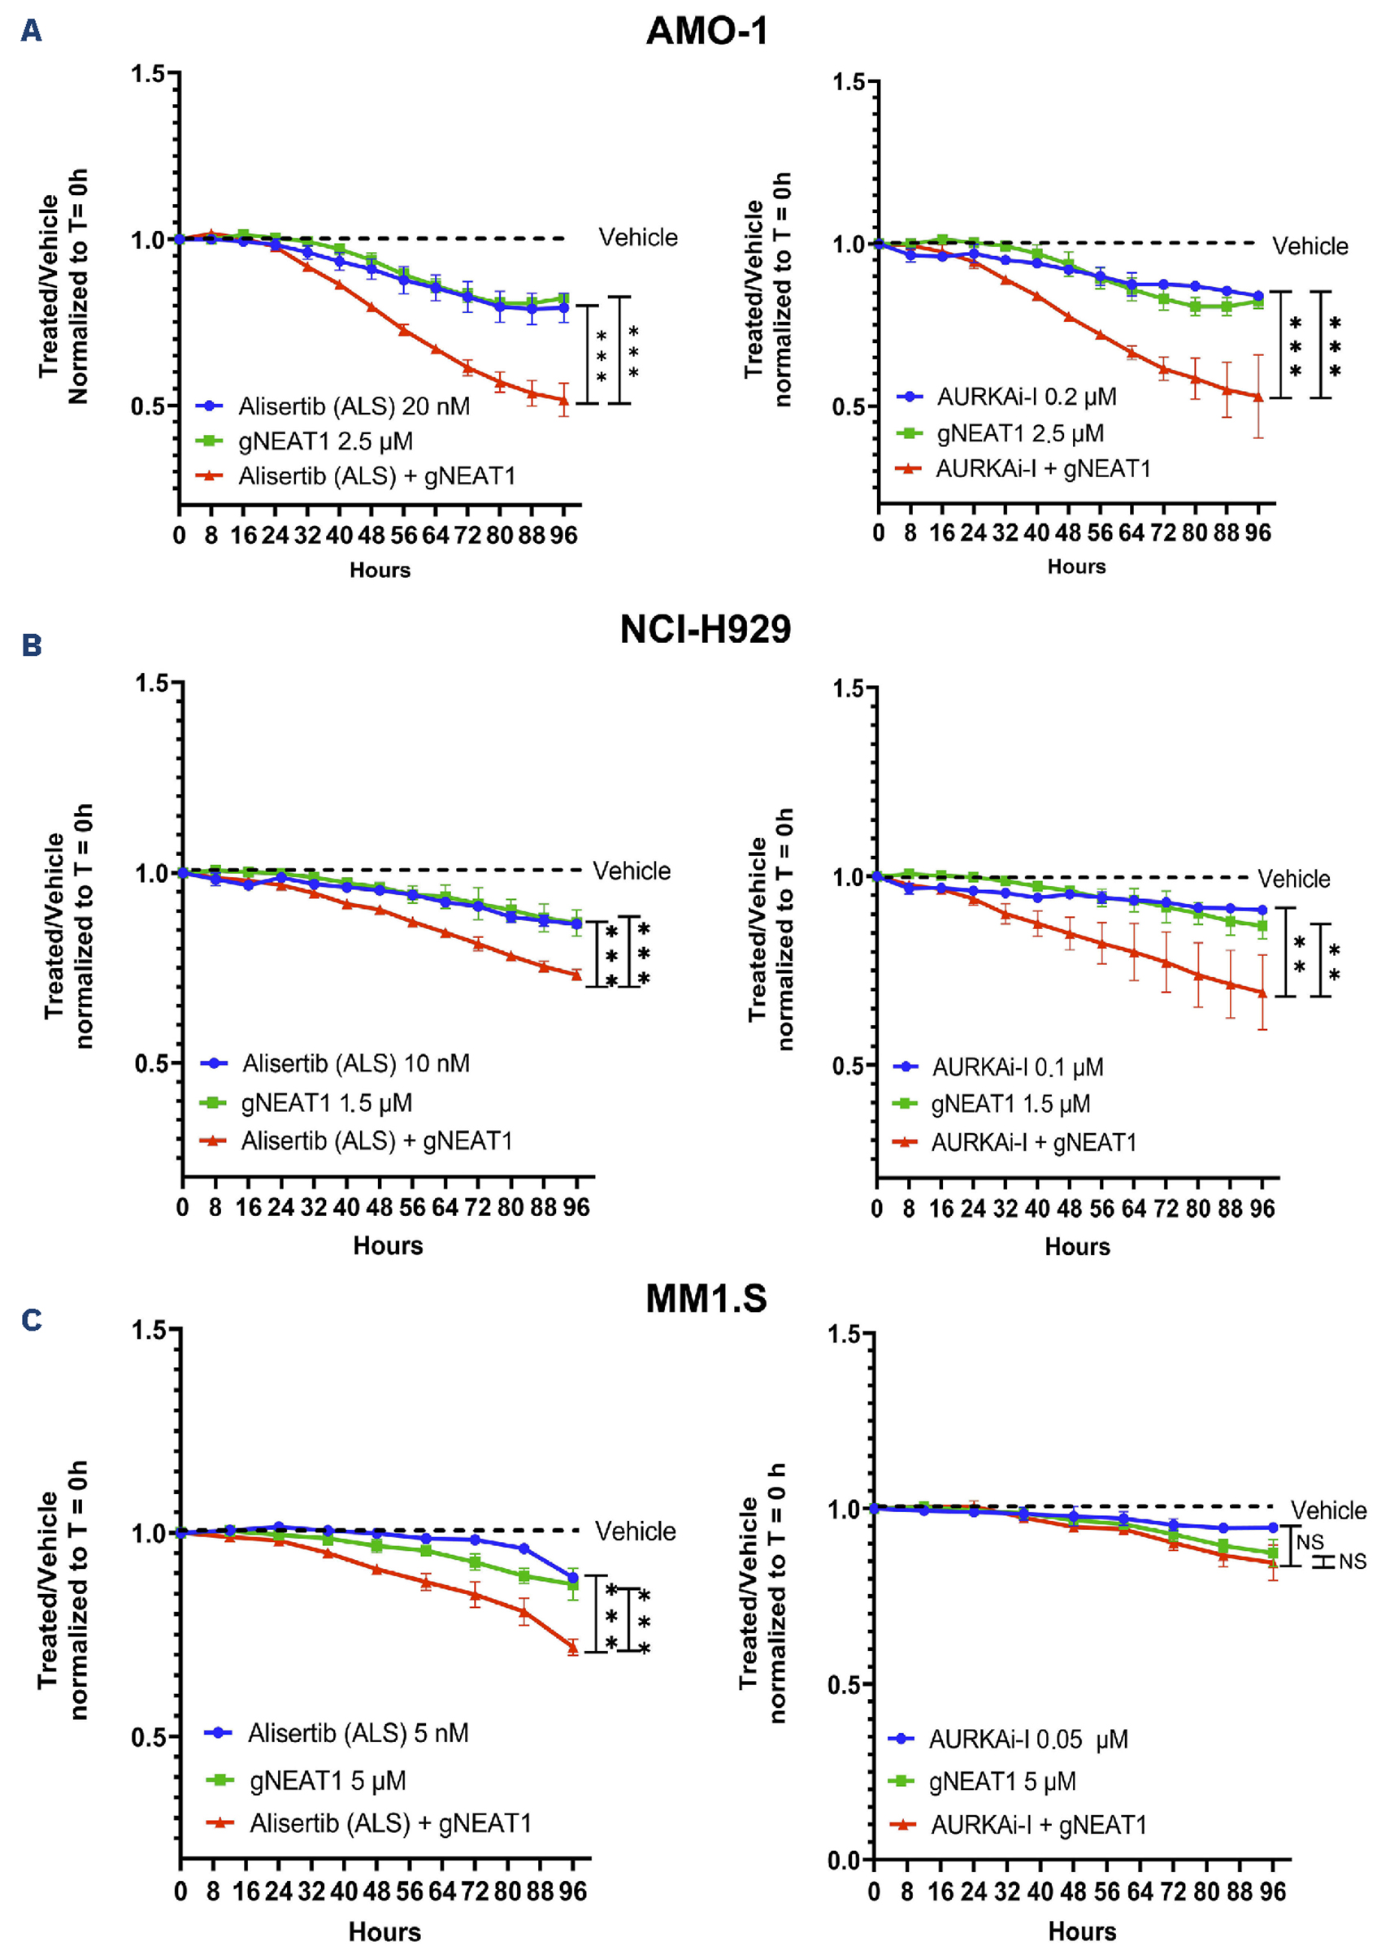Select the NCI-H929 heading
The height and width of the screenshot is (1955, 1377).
tap(705, 630)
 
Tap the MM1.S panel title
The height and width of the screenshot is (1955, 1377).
tap(706, 1299)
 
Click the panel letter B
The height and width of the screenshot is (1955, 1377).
tap(32, 645)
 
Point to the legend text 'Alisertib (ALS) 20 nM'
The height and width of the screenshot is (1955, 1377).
tap(354, 406)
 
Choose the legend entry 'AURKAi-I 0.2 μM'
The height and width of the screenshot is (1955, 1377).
tap(1026, 397)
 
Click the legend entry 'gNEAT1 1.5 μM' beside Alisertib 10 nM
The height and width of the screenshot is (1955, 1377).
tap(326, 1104)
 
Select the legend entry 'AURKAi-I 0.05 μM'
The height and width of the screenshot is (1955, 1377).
tap(1027, 1740)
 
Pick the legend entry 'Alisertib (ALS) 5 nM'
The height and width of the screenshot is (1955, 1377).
tap(358, 1733)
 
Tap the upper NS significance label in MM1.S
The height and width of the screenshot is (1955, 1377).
tap(1310, 1542)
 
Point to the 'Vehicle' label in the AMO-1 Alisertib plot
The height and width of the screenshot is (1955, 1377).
tap(638, 237)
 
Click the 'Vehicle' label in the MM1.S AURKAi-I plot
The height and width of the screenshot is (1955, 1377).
tap(1327, 1510)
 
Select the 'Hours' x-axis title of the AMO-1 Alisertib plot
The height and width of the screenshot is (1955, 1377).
tap(380, 571)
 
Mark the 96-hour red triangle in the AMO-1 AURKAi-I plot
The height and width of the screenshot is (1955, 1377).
tap(1258, 397)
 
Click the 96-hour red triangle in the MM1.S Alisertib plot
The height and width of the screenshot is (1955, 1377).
tap(573, 1649)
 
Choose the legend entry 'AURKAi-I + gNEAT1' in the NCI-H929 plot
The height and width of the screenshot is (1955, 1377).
tap(1034, 1143)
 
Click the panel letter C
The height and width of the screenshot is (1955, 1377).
tap(32, 1320)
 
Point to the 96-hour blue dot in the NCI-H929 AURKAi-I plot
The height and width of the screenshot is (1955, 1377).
tap(1262, 910)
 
